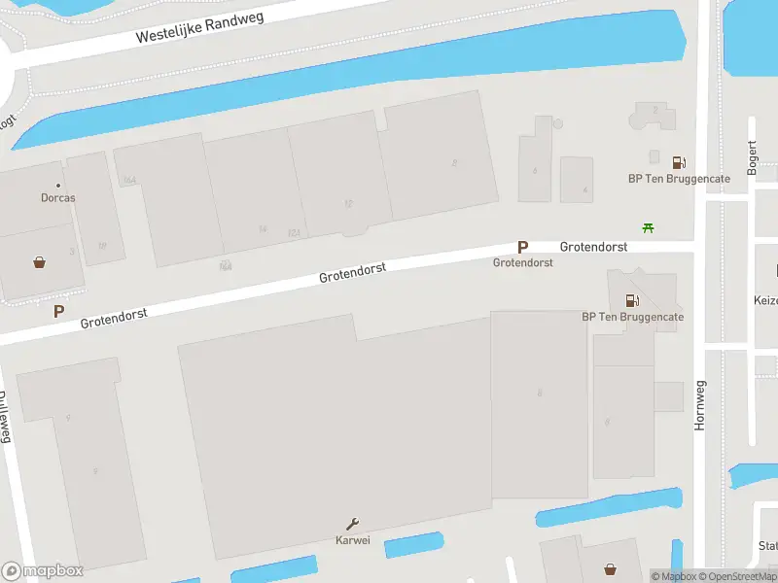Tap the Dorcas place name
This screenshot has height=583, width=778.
[x=57, y=198]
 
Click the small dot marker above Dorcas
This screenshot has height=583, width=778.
[x=58, y=186]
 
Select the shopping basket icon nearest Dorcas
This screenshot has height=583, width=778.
[x=40, y=261]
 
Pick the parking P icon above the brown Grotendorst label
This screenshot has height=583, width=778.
[x=522, y=248]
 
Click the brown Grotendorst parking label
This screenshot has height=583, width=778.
[x=522, y=263]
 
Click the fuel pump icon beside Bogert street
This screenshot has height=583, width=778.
[x=679, y=162]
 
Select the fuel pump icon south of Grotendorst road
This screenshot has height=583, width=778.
[x=632, y=301]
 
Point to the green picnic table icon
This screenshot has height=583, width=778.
[x=649, y=228]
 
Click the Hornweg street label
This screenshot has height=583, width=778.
[x=700, y=405]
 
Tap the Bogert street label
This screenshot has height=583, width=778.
[x=752, y=156]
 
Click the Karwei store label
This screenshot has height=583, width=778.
[x=352, y=540]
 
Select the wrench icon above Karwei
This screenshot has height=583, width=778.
[x=352, y=524]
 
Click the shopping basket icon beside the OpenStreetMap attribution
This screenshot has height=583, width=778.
[x=610, y=569]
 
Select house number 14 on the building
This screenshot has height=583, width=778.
[x=263, y=229]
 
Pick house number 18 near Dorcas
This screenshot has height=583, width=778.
[x=102, y=246]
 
